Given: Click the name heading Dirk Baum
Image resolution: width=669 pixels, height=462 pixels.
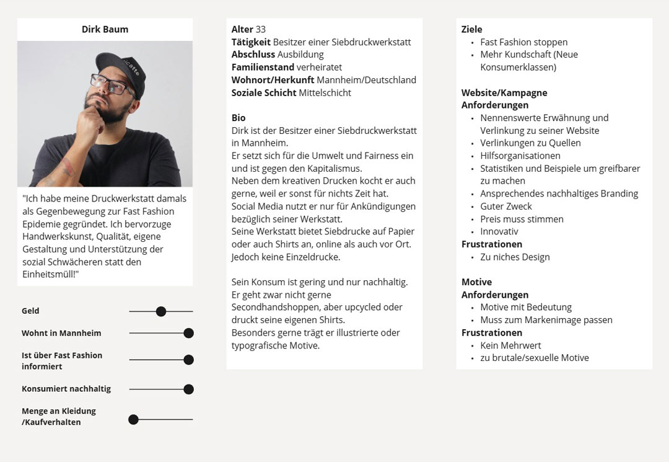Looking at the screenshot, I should [105, 29].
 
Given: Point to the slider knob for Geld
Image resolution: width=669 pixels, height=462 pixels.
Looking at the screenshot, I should [161, 311].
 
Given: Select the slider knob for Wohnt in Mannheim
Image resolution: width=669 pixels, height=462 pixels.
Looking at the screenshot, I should [189, 333].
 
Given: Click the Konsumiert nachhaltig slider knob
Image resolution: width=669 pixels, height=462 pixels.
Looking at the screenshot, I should [189, 389].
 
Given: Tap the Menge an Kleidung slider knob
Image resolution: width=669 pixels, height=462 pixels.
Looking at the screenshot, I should [133, 420].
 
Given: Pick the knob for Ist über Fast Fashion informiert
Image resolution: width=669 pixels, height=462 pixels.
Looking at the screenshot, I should [189, 360].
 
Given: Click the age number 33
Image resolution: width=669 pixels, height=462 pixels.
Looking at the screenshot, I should [261, 29].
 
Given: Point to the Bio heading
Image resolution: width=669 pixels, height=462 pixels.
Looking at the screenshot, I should [238, 118].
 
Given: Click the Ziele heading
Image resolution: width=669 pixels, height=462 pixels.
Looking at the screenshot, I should [471, 29].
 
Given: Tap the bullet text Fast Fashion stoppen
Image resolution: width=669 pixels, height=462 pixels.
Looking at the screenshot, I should [523, 42].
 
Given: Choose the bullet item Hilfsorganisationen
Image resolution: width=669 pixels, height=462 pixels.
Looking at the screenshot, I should [520, 156].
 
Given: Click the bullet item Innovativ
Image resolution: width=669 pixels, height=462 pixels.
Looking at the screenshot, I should [499, 231].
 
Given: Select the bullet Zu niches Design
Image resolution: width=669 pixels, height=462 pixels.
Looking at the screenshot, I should [515, 257].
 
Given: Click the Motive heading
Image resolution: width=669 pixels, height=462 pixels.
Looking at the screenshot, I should [476, 282].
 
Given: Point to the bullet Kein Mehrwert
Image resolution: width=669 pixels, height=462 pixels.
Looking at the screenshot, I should [510, 345].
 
